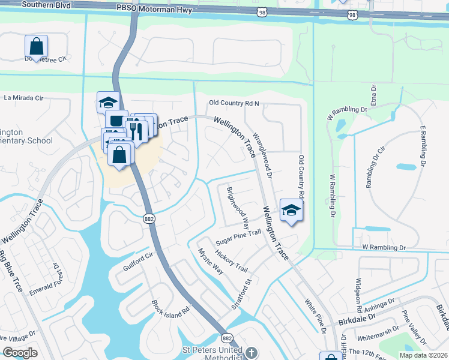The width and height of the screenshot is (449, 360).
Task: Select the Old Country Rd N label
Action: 234,103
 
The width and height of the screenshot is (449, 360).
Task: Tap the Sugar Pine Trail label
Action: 239,235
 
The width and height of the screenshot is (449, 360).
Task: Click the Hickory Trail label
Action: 232,260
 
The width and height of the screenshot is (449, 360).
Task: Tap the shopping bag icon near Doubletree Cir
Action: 37,46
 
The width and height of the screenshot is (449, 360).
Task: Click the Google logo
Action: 20,353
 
